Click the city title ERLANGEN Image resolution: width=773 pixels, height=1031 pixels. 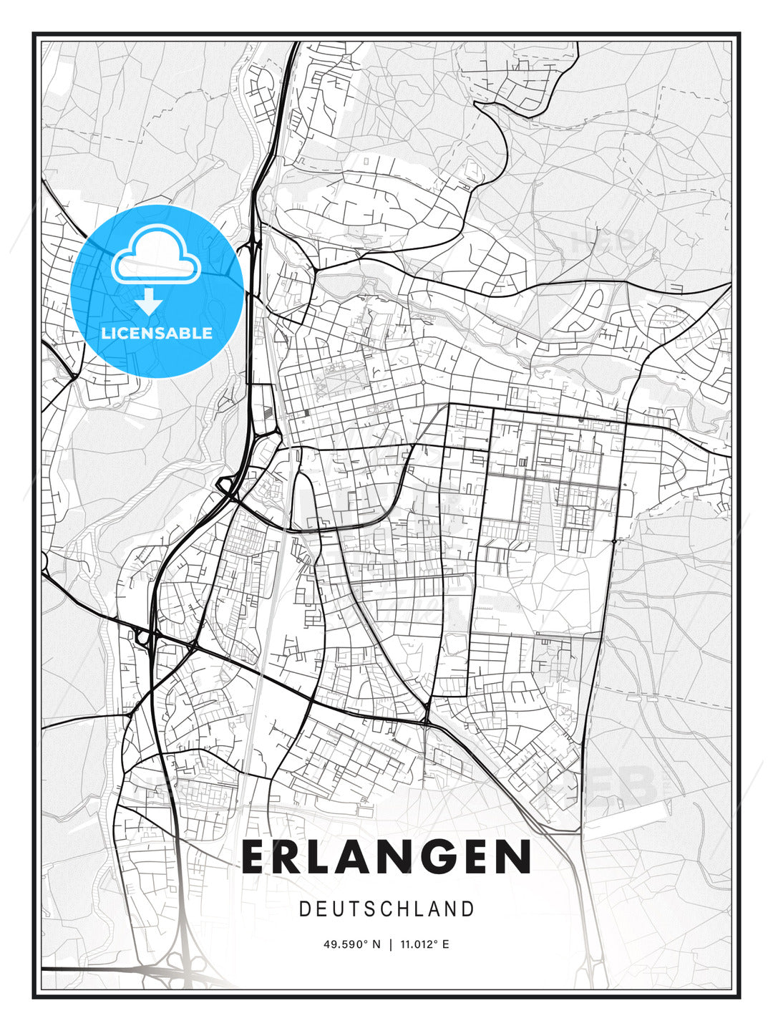coord(386,857)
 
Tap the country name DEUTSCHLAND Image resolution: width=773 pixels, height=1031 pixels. coord(386,909)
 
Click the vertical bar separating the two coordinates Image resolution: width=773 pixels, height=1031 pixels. coord(390,944)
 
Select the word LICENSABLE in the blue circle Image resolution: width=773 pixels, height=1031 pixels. coord(157,333)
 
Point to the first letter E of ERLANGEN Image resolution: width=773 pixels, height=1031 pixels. coord(257,857)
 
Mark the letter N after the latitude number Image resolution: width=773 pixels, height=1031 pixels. coord(377,944)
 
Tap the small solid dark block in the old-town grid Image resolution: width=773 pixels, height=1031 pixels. coord(306,412)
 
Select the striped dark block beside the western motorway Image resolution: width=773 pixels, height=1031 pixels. coord(267,412)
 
